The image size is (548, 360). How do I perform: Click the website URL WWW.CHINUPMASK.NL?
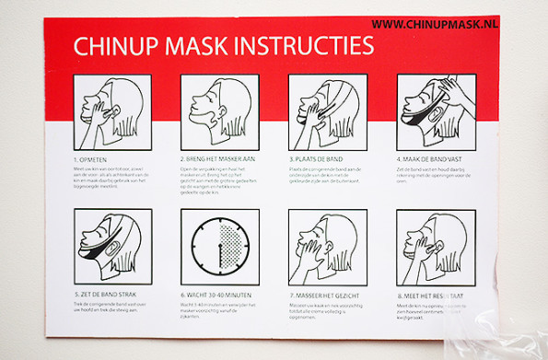(x=435, y=23)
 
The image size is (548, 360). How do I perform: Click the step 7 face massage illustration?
(x=327, y=248)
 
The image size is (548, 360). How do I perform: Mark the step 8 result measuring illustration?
(x=436, y=248)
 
